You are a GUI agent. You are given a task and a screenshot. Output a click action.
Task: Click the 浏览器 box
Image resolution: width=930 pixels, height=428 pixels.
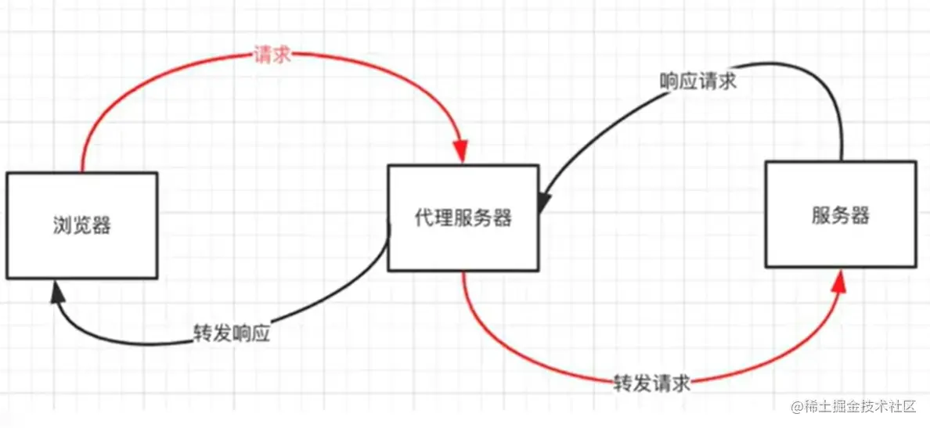tap(81, 225)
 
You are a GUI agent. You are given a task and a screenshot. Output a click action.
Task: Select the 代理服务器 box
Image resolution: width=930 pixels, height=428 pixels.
tap(463, 218)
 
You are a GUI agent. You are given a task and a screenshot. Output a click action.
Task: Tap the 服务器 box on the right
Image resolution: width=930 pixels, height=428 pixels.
tap(840, 214)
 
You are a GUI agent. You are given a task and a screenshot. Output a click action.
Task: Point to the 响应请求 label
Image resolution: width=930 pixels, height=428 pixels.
tap(697, 81)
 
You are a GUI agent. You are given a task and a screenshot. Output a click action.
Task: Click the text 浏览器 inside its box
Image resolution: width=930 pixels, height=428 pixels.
tap(81, 226)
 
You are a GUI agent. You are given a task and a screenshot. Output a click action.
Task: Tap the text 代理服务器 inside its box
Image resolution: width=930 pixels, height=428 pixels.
tap(463, 218)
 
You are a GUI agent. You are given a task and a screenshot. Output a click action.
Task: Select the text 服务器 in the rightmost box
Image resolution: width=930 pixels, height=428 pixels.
tap(840, 215)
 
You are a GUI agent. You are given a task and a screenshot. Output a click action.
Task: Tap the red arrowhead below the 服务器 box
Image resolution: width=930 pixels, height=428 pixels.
tap(838, 282)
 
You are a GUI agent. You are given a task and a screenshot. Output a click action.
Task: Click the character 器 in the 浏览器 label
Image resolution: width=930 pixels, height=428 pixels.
tap(101, 226)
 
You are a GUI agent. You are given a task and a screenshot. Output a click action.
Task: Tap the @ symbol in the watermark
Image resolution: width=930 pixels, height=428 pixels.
tap(796, 408)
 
